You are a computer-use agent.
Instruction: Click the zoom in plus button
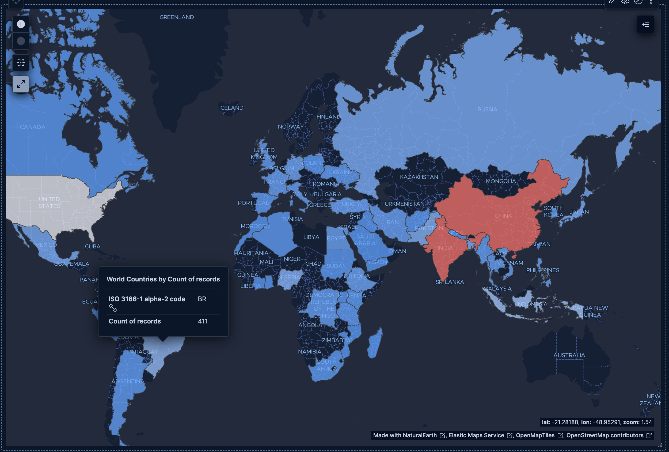(x=21, y=24)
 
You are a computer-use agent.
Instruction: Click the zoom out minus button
(x=21, y=41)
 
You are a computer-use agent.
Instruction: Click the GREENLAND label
(x=176, y=17)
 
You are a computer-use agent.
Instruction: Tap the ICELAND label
(x=231, y=108)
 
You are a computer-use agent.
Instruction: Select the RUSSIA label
(x=487, y=110)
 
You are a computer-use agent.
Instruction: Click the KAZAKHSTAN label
(x=419, y=177)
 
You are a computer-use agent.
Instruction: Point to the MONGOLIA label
(x=501, y=181)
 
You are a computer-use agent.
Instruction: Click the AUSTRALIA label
(x=569, y=355)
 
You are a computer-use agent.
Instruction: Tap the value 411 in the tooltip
(x=203, y=321)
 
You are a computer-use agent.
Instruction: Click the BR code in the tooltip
(x=202, y=299)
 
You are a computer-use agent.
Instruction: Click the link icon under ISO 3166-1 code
(x=113, y=308)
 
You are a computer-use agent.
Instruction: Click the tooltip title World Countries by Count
(x=163, y=279)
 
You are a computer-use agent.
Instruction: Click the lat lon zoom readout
(x=596, y=422)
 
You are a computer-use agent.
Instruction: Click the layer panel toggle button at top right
(x=645, y=24)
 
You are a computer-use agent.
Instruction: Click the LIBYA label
(x=311, y=237)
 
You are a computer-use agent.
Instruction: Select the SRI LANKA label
(x=449, y=282)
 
